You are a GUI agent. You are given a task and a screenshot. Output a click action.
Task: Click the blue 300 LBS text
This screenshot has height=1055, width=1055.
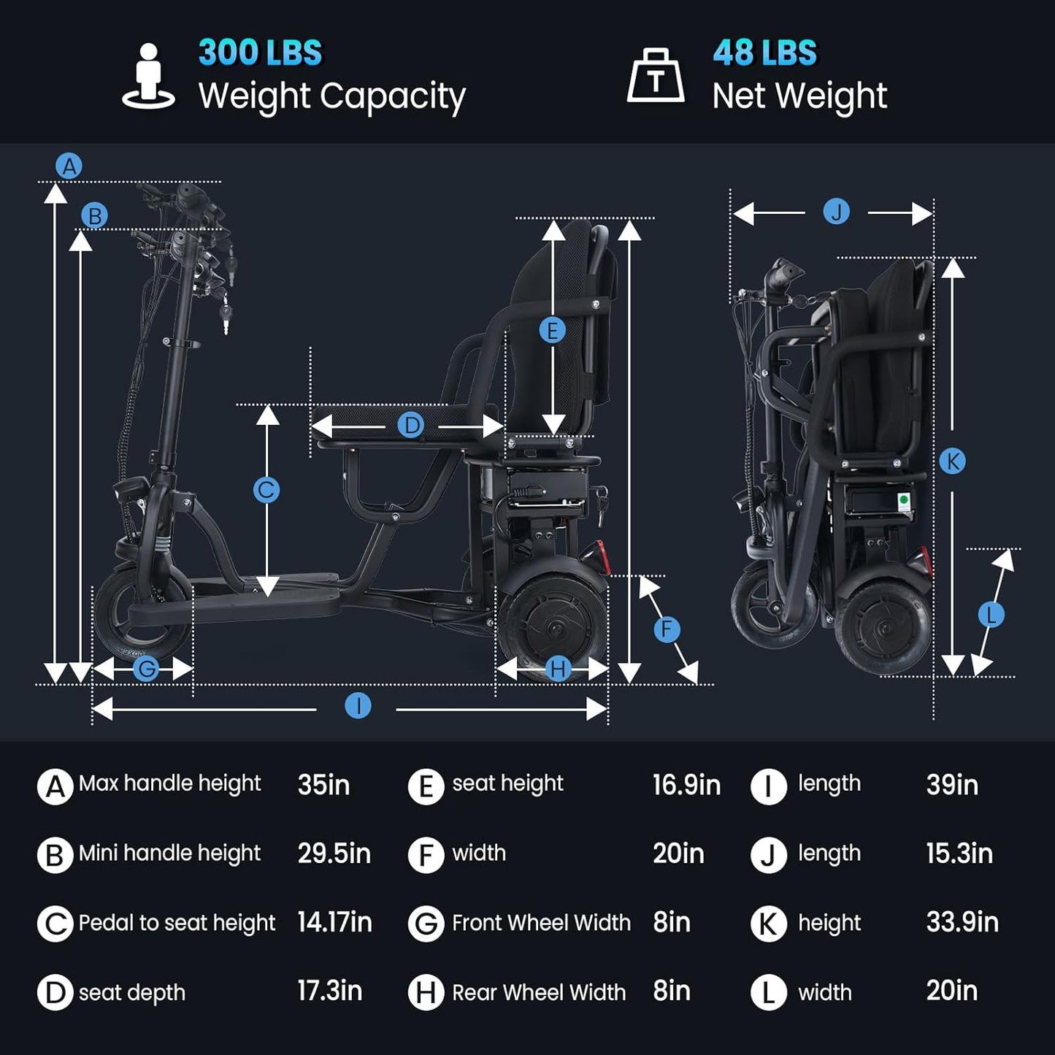pos(260,53)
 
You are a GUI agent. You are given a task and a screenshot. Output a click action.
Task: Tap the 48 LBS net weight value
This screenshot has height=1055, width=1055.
pos(764,53)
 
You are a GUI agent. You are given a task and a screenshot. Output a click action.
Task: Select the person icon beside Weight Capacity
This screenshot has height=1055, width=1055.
pos(148,76)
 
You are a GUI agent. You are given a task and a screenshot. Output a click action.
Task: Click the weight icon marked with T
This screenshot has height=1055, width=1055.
pos(656,77)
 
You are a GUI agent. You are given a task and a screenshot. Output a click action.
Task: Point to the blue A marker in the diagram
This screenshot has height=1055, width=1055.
pos(69,166)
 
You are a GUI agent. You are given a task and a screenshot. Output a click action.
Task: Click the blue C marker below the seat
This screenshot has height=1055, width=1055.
pos(266,489)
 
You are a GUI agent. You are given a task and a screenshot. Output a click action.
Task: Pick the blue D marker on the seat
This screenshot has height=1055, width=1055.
pos(411,425)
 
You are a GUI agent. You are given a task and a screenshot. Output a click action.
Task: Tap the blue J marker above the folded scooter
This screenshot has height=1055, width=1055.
pos(836,212)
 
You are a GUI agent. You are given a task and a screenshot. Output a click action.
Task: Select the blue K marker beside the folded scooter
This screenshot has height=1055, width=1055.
pos(952,461)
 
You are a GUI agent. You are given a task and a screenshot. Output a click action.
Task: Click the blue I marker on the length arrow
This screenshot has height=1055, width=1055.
pos(358,706)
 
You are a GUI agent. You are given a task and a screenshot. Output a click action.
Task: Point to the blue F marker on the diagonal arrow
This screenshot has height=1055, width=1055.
pos(667,629)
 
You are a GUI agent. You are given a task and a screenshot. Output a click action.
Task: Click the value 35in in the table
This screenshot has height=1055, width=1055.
pos(323,786)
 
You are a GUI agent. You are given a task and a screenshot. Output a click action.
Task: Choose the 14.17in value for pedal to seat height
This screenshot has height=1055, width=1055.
pos(334,923)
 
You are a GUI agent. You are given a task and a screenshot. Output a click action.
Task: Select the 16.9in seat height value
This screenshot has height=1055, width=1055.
pos(686,786)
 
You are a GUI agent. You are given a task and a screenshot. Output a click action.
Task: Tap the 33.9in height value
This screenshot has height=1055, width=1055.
pos(962,923)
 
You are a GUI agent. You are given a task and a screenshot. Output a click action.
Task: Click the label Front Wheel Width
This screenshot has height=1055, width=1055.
pos(540,923)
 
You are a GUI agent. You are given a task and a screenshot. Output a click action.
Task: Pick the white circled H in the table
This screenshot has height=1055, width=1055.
pos(426,993)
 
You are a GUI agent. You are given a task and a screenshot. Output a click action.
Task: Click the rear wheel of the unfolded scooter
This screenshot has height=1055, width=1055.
pos(552,626)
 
